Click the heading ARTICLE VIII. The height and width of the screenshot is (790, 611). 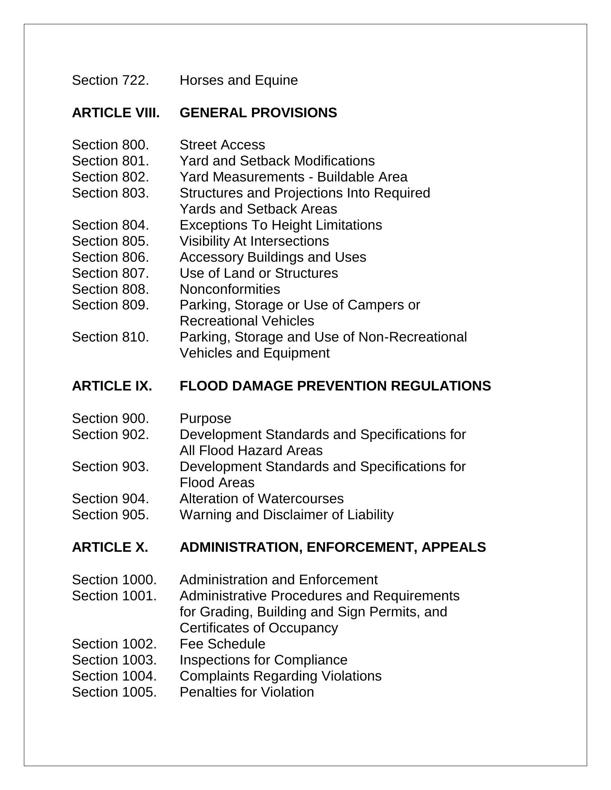point(116,113)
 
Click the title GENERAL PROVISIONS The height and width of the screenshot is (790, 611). point(258,113)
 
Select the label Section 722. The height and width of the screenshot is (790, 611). point(110,80)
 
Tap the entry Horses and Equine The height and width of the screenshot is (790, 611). point(238,80)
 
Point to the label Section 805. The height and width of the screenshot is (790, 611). point(110,241)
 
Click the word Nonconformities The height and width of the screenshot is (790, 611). point(230,289)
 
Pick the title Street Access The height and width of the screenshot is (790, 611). point(222,145)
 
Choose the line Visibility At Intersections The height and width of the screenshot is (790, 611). point(254,241)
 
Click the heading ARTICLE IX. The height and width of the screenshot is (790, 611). point(112,386)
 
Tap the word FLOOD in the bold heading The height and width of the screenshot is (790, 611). point(204,386)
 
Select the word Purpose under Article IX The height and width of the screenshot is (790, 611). point(205,418)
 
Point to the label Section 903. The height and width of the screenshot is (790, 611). point(110,467)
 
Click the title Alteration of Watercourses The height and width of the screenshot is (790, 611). point(261,499)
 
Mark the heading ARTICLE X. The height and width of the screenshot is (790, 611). point(110,547)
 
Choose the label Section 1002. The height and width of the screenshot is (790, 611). point(114,644)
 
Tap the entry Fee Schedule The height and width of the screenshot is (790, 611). point(222,644)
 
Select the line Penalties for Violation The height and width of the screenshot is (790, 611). point(247,692)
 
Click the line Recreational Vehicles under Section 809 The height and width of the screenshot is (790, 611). point(247,321)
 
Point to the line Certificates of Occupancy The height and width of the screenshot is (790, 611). point(259,628)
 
